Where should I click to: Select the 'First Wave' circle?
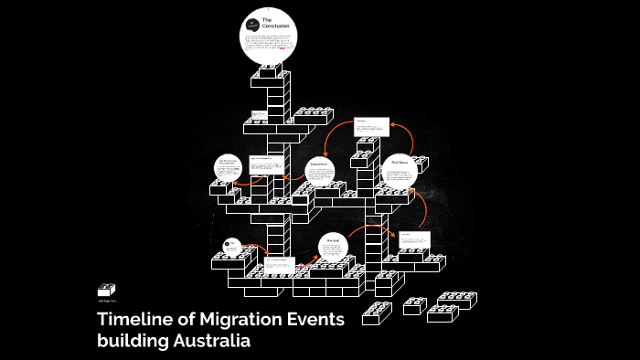(399, 170)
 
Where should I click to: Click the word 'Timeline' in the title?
(136, 320)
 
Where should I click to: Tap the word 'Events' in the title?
(314, 320)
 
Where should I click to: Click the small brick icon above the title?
(107, 289)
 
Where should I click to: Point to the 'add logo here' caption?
(108, 300)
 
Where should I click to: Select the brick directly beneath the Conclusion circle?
(271, 71)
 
